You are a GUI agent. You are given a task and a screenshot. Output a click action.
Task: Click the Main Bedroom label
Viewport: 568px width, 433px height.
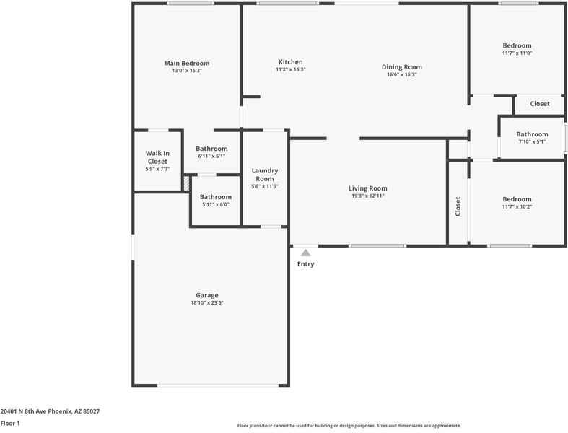(x=186, y=64)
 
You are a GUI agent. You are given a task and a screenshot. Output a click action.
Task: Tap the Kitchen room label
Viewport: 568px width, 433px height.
(x=291, y=62)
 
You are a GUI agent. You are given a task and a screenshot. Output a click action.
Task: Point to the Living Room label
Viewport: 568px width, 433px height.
(x=369, y=188)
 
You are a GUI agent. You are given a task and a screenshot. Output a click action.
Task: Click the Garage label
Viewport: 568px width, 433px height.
(x=206, y=295)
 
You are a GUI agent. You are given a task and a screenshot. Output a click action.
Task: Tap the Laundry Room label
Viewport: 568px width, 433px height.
(x=265, y=175)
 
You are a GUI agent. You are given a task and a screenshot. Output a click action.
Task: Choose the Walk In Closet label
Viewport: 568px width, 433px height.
(x=157, y=157)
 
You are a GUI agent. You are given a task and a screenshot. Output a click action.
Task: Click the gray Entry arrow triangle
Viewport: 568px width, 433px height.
(x=305, y=253)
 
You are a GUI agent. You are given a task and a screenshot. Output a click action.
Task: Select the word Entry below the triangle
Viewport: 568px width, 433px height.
(x=305, y=264)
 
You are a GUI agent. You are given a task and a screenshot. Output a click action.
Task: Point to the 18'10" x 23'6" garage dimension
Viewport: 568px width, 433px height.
(x=206, y=303)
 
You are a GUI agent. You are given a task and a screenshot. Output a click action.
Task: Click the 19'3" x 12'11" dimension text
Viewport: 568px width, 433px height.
(x=369, y=196)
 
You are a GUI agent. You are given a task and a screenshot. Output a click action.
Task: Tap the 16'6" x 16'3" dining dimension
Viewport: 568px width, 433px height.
(x=402, y=74)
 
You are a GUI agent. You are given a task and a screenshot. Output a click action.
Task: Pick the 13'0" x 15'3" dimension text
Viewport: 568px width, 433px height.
(x=186, y=71)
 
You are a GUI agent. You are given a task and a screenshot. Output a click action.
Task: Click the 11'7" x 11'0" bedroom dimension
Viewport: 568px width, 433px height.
(x=517, y=53)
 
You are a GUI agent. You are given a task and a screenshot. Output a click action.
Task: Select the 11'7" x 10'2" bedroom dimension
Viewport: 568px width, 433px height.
(x=517, y=207)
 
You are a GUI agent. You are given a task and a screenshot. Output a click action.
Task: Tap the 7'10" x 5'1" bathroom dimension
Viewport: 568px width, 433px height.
(x=532, y=141)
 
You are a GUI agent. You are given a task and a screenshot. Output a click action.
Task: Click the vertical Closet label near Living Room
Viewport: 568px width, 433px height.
(x=458, y=206)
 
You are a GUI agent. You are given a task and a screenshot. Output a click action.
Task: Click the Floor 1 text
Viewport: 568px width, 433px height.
(x=10, y=424)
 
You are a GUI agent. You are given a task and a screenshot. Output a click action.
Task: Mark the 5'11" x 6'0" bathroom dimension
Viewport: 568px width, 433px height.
(x=215, y=204)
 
